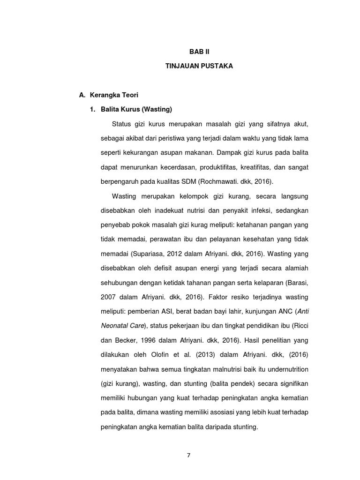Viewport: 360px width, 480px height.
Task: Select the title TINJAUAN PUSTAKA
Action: [193, 67]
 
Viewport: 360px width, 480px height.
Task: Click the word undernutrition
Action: [285, 370]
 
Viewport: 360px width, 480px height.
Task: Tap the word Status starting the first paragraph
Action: [122, 124]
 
